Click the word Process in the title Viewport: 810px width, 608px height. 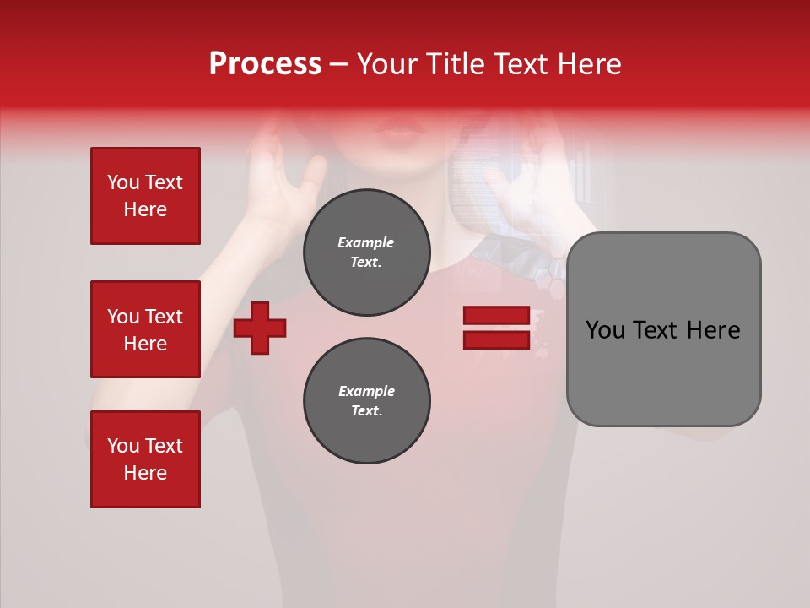pyautogui.click(x=265, y=64)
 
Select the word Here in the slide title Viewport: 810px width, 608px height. pyautogui.click(x=587, y=64)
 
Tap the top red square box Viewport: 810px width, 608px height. pyautogui.click(x=145, y=196)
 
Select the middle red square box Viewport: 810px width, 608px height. pyautogui.click(x=145, y=329)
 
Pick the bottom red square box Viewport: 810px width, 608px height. pyautogui.click(x=145, y=459)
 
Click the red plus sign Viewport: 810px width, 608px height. pyautogui.click(x=260, y=328)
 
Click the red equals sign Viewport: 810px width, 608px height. pyautogui.click(x=496, y=328)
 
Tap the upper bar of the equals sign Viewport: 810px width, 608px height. pyautogui.click(x=496, y=316)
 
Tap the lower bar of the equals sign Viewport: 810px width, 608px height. pyautogui.click(x=496, y=339)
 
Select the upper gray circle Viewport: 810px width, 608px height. pyautogui.click(x=367, y=252)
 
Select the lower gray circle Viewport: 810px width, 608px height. pyautogui.click(x=367, y=400)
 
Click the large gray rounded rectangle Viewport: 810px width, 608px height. pyautogui.click(x=663, y=329)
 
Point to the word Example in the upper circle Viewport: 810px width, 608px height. pyautogui.click(x=366, y=242)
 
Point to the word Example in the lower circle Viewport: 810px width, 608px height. pyautogui.click(x=366, y=391)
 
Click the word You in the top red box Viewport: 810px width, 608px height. pyautogui.click(x=123, y=182)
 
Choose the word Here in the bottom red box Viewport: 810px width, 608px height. pyautogui.click(x=145, y=473)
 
